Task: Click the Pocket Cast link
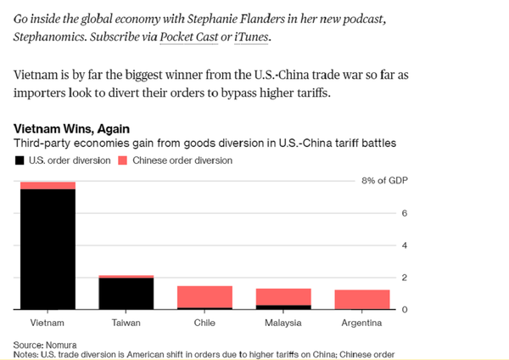(188, 38)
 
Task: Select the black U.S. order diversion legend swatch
(19, 160)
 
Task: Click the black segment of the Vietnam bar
(47, 250)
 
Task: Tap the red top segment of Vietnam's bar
(47, 185)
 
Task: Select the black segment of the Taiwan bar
(126, 294)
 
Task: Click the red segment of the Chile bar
(204, 296)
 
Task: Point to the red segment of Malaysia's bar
(283, 296)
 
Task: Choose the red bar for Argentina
(362, 300)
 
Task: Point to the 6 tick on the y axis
(404, 213)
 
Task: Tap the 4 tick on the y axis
(404, 245)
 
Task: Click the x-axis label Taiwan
(126, 323)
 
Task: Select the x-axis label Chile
(204, 323)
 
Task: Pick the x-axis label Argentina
(362, 323)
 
